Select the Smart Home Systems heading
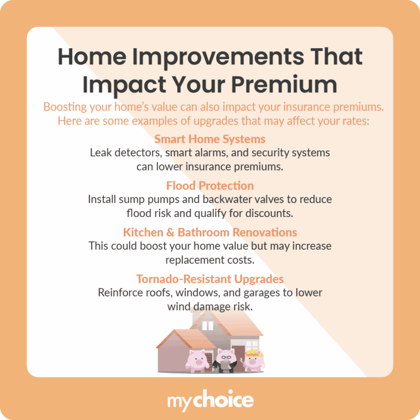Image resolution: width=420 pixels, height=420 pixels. click(210, 139)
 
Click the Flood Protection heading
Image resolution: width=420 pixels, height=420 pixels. click(210, 186)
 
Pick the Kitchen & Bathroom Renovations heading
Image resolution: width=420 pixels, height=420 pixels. click(210, 232)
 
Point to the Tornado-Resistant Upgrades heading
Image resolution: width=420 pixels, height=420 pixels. click(210, 279)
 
